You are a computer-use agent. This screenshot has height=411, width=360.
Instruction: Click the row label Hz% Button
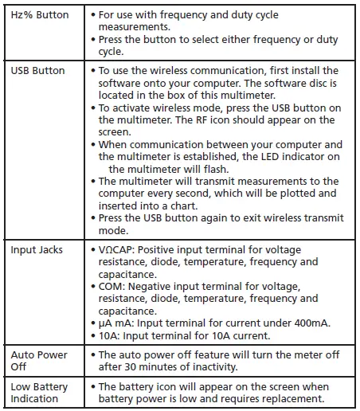click(40, 15)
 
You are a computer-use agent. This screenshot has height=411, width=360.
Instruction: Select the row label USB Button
click(37, 71)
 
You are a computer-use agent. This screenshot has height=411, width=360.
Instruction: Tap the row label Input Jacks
click(37, 250)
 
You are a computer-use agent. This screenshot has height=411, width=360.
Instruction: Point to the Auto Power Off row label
click(39, 360)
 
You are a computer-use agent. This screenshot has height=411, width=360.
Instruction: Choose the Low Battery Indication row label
click(39, 393)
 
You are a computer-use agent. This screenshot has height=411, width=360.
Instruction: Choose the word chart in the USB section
click(182, 206)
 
